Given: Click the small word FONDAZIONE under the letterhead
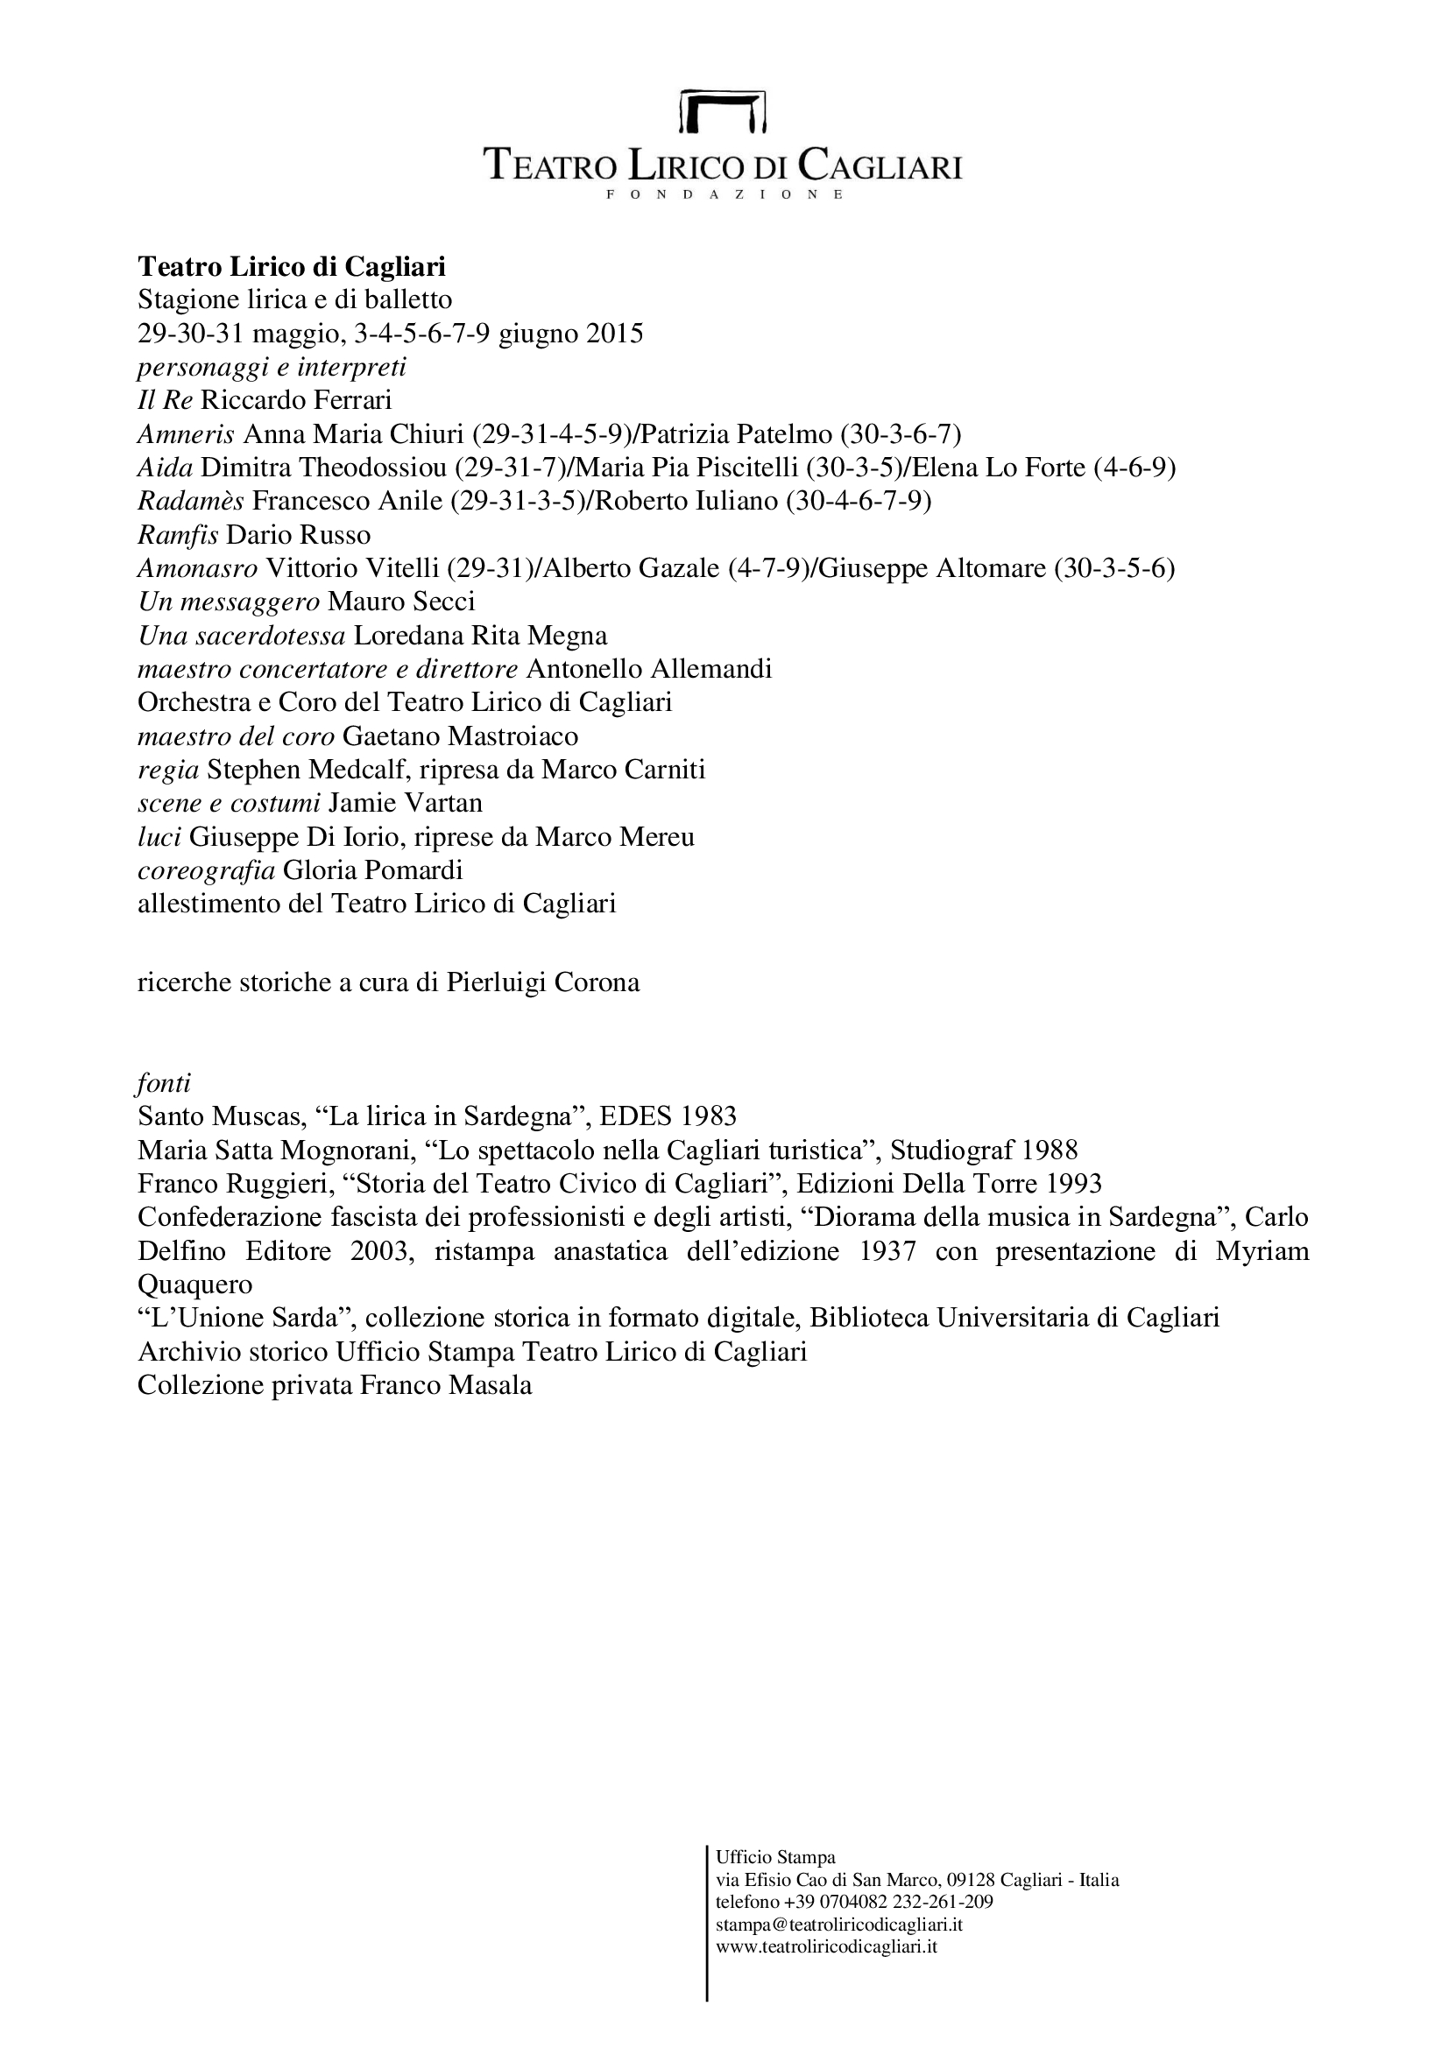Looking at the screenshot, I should pos(724,194).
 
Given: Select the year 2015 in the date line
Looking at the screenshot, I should pos(614,334).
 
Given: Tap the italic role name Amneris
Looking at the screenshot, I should pos(187,434).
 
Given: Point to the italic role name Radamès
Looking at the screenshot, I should pos(191,502).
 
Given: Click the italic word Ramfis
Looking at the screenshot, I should pos(179,535).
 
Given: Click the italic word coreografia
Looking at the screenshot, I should pos(206,869).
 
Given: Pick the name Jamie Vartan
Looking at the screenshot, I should pos(405,803).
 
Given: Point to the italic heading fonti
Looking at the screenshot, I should pos(164,1084).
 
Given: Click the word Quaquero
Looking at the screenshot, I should pos(195,1284).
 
